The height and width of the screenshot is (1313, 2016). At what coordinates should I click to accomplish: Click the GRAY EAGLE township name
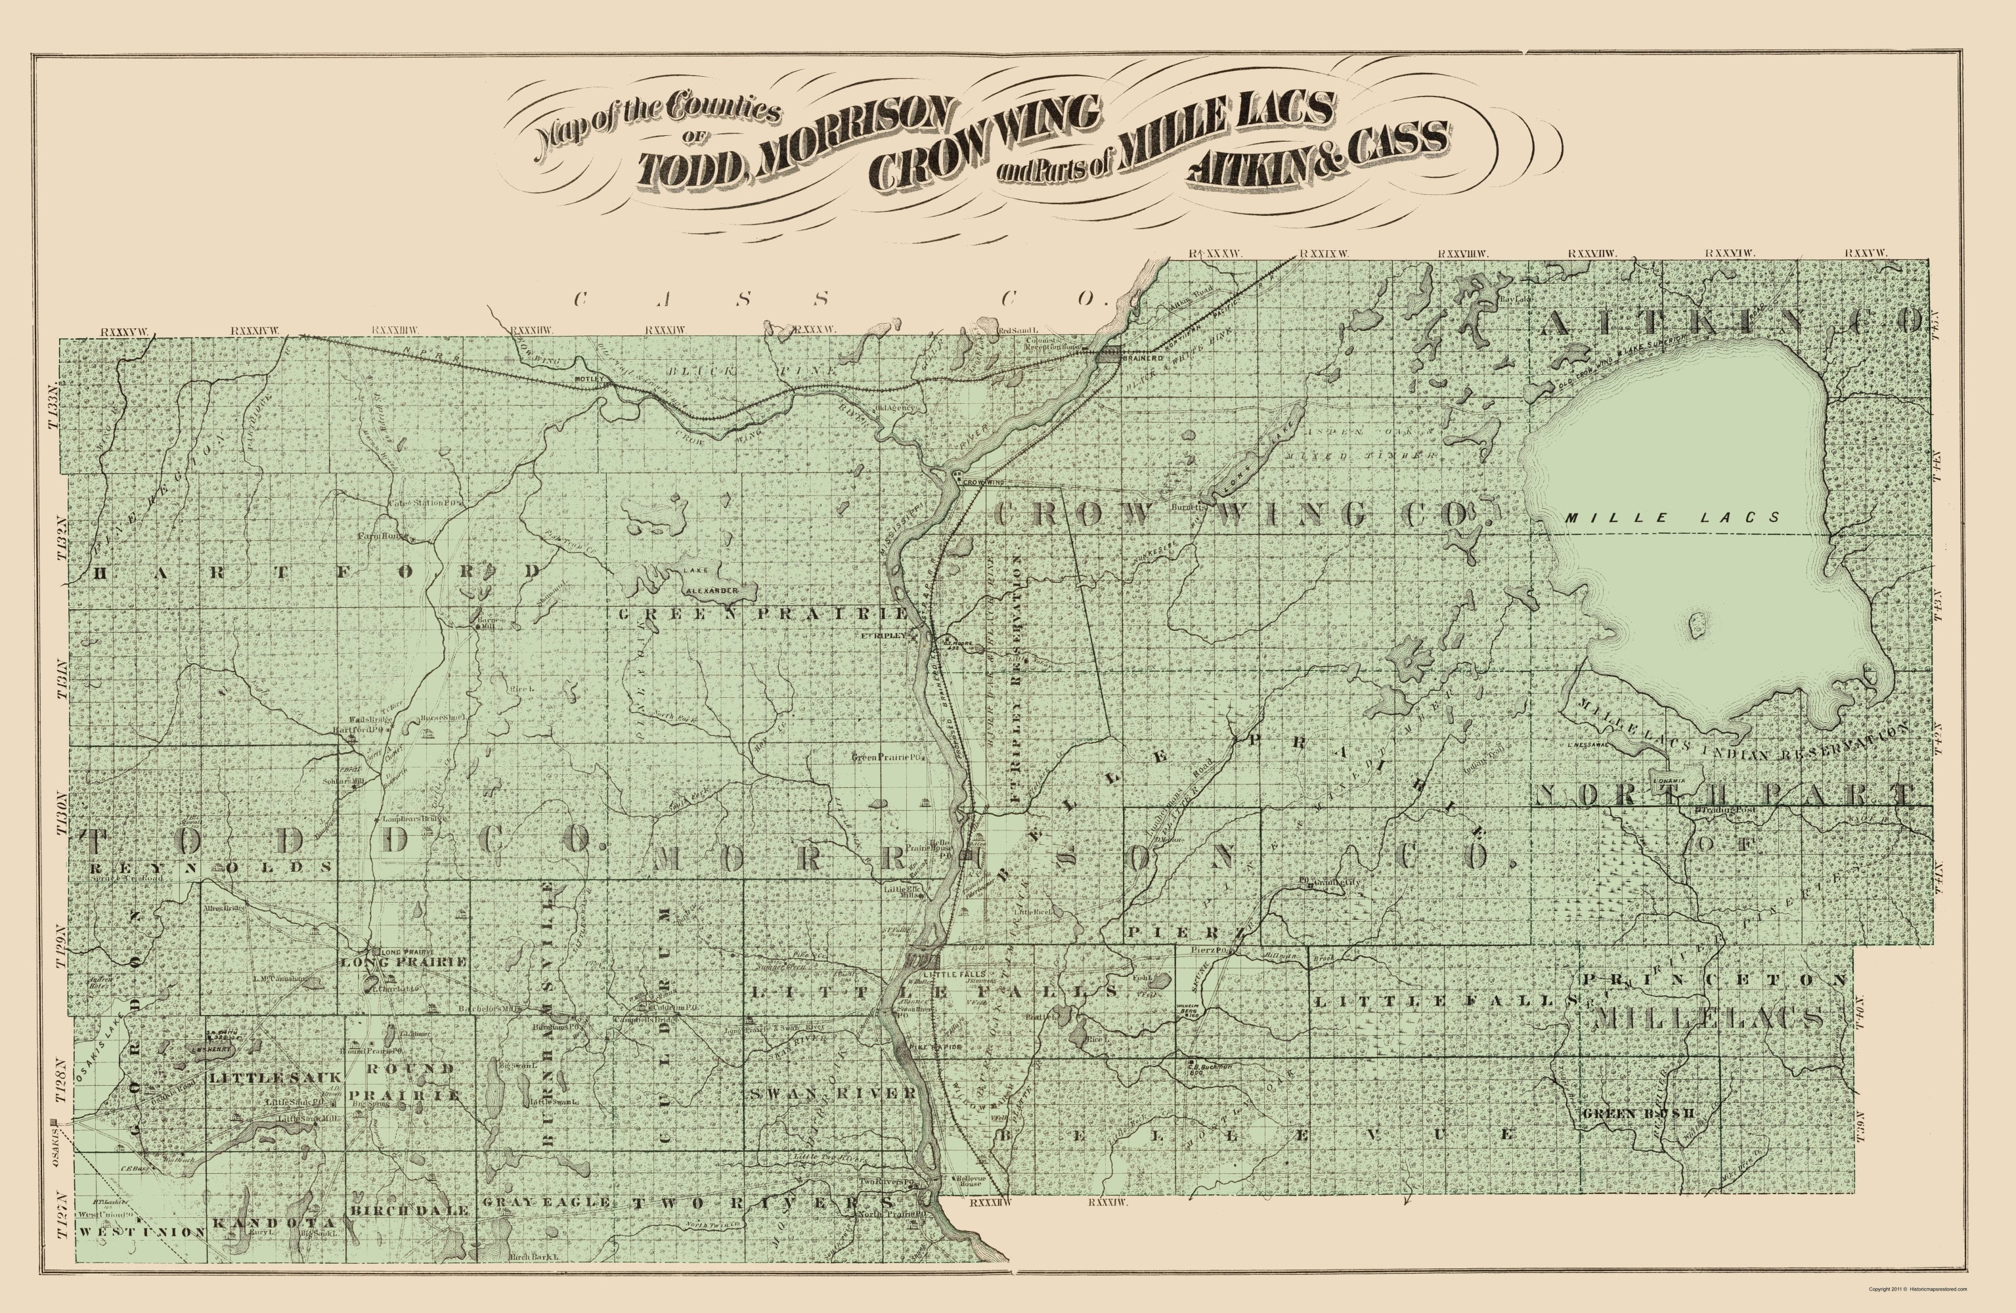(x=546, y=1202)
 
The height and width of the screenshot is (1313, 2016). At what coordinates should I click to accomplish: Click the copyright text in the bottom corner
(x=1917, y=1289)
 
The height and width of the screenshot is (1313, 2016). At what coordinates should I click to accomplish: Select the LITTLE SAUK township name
(x=274, y=1077)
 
